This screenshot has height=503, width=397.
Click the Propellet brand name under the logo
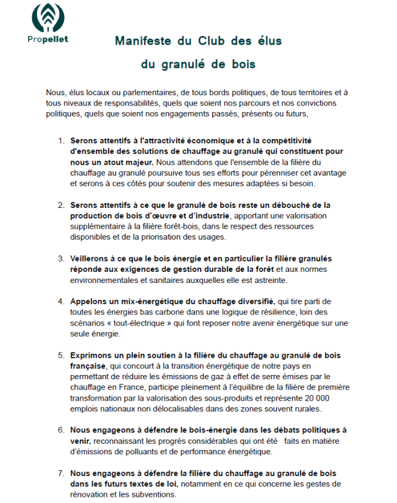pyautogui.click(x=48, y=40)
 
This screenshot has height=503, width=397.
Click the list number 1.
pyautogui.click(x=61, y=140)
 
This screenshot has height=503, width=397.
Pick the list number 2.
pyautogui.click(x=61, y=205)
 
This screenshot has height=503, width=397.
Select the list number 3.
pyautogui.click(x=61, y=259)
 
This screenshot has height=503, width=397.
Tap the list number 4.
pyautogui.click(x=61, y=302)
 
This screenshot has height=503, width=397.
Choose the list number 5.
pyautogui.click(x=61, y=355)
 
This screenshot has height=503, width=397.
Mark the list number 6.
pyautogui.click(x=61, y=430)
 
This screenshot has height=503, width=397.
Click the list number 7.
pyautogui.click(x=61, y=473)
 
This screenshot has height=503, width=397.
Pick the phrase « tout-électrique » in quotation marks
pyautogui.click(x=138, y=324)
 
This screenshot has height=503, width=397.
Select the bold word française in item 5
pyautogui.click(x=87, y=366)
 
